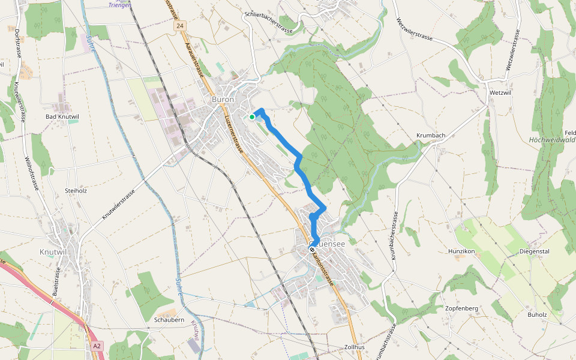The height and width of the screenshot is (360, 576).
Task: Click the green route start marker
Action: pyautogui.click(x=252, y=117)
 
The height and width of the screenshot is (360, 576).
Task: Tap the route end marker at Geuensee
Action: pyautogui.click(x=313, y=250)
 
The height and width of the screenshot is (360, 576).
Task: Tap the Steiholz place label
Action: pyautogui.click(x=76, y=191)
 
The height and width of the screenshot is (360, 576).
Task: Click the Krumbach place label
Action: pyautogui.click(x=431, y=136)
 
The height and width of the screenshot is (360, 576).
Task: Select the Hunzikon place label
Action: pyautogui.click(x=461, y=251)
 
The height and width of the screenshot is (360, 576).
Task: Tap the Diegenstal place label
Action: pyautogui.click(x=534, y=251)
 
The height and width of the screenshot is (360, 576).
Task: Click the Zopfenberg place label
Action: pyautogui.click(x=461, y=308)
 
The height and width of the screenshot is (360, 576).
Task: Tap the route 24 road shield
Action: pyautogui.click(x=180, y=26)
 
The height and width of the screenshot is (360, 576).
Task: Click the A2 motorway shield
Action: pyautogui.click(x=97, y=346)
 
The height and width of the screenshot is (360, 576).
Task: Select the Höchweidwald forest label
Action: pyautogui.click(x=552, y=140)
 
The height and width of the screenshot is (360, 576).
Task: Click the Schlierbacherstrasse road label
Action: pyautogui.click(x=268, y=14)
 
